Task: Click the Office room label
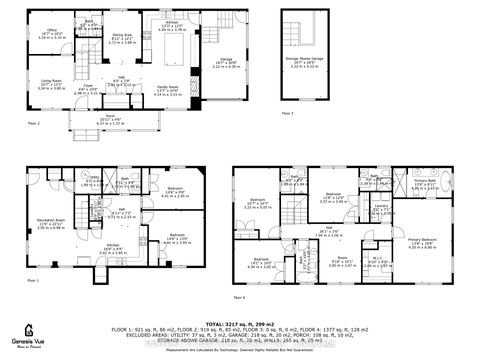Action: coord(52,32)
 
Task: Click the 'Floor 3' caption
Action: coord(287,115)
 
